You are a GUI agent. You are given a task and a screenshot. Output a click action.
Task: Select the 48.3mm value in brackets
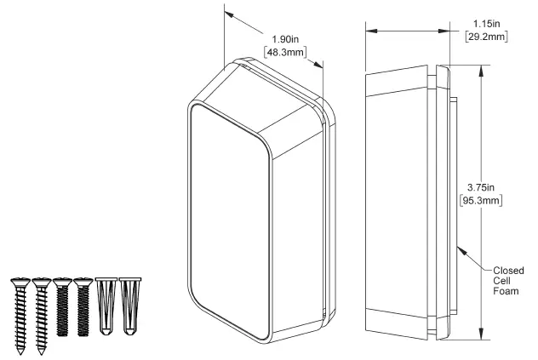[281, 51]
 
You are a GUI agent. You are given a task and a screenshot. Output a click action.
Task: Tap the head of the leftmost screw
[20, 282]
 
